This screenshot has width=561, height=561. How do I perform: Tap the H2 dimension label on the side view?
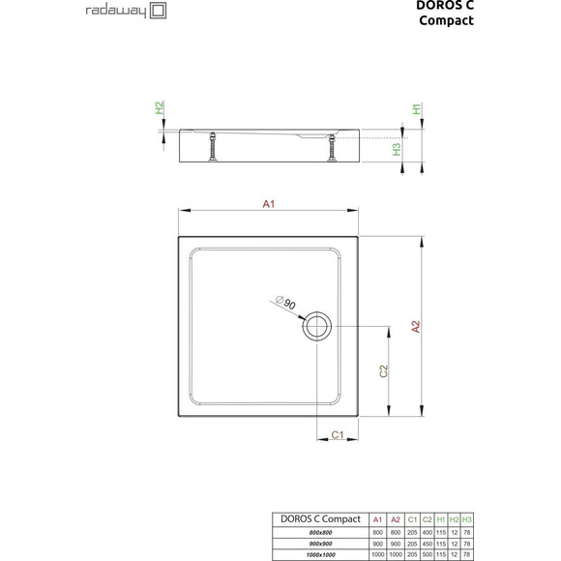tap(161, 108)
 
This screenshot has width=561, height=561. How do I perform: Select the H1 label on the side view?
tap(417, 109)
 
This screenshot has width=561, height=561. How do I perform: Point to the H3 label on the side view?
tap(397, 149)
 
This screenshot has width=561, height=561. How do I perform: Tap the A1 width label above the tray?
tap(270, 203)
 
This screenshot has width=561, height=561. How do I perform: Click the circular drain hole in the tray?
tap(317, 326)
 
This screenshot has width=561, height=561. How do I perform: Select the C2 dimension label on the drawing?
tap(383, 370)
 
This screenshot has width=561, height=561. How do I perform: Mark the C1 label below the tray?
tap(340, 436)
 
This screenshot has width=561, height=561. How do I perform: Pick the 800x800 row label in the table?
tap(318, 532)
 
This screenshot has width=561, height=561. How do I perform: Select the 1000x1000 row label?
tap(318, 555)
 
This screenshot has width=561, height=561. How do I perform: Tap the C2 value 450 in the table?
tap(427, 544)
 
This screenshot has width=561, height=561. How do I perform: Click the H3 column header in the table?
tap(467, 519)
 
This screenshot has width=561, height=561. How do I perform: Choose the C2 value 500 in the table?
tap(427, 555)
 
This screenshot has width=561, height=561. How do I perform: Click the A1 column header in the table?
tap(378, 519)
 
